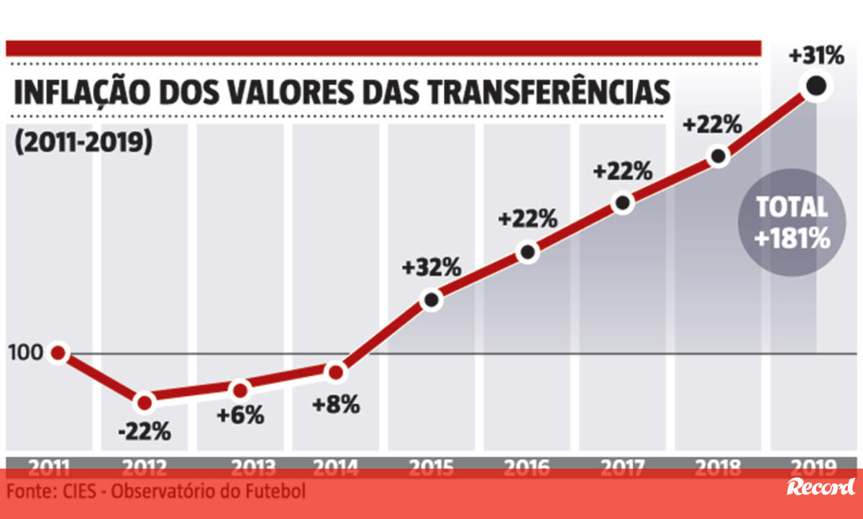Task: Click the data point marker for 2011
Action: (58, 353)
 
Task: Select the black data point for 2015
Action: (431, 299)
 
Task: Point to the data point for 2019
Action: (816, 86)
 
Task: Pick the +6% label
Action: (240, 415)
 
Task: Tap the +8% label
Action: (335, 404)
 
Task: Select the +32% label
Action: (431, 267)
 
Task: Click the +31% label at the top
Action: (815, 55)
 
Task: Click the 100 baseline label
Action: (24, 353)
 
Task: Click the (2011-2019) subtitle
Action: (83, 141)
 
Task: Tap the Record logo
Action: (821, 487)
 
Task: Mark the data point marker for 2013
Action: (240, 390)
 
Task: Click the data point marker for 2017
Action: (623, 203)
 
